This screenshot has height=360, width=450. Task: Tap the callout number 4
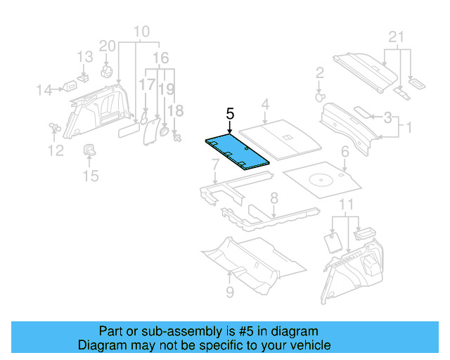coord(264,105)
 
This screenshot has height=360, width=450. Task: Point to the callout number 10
coord(141,31)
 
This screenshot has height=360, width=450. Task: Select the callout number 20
coord(107,46)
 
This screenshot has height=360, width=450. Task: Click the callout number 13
coord(84,57)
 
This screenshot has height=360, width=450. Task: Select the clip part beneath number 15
coord(91,150)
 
